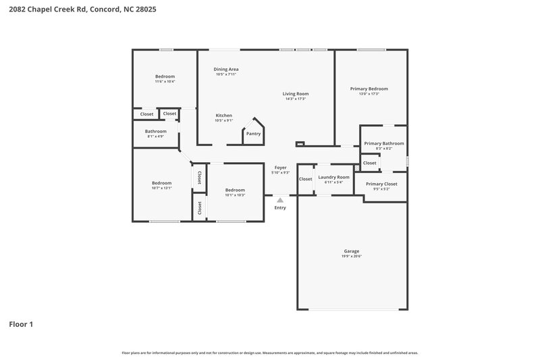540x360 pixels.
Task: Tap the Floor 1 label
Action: pos(21,324)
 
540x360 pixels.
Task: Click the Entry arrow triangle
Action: pos(280,200)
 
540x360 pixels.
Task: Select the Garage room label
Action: pos(351,251)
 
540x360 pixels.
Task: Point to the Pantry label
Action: pos(253,134)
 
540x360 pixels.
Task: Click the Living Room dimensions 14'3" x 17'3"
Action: pos(295,99)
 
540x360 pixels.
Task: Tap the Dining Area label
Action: pos(225,69)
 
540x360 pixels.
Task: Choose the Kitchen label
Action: pos(224,115)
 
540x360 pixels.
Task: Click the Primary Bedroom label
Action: pos(369,88)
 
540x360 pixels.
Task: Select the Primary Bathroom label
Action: pos(383,143)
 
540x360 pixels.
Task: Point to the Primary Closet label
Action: pos(381,184)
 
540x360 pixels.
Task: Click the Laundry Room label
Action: pos(333,177)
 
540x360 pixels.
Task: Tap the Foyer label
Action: pos(280,167)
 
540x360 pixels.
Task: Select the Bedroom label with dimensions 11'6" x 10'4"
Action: pos(165,76)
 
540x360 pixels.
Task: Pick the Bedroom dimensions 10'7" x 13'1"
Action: pos(161,188)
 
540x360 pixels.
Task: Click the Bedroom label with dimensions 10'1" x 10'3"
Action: pos(235,190)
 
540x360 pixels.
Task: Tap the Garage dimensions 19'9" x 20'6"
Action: pos(351,256)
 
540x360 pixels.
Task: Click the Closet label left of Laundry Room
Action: pos(305,179)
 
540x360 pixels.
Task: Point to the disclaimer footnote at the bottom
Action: pos(269,353)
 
